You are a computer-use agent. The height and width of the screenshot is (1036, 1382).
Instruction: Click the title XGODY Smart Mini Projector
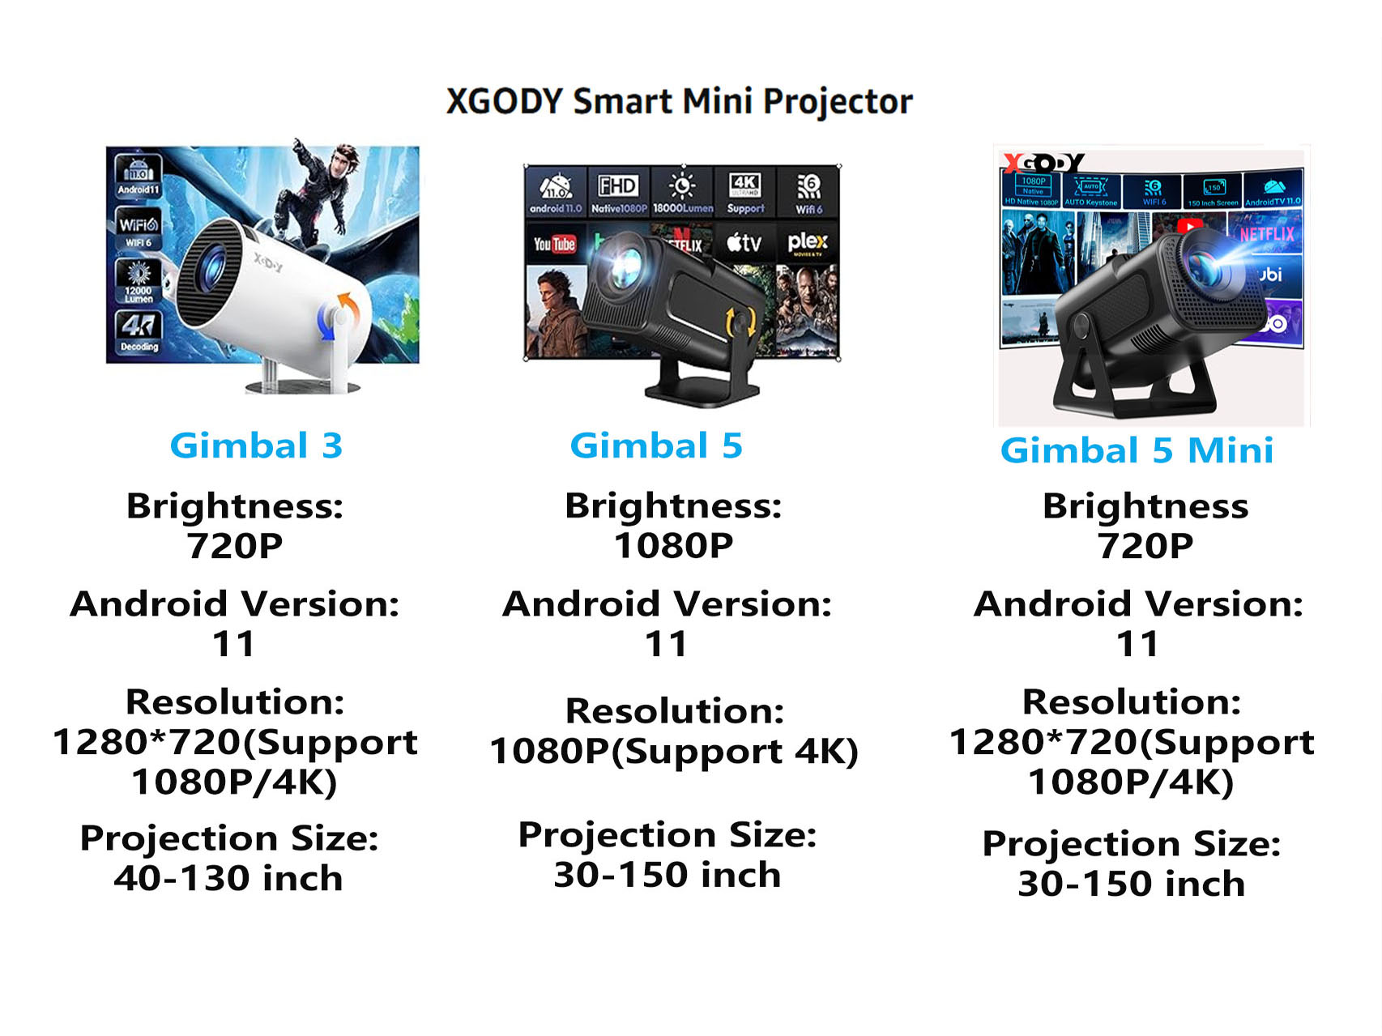pyautogui.click(x=679, y=102)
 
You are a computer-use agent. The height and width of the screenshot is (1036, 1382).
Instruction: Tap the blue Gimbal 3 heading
pyautogui.click(x=256, y=446)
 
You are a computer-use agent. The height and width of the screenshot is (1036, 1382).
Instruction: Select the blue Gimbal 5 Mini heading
pyautogui.click(x=1137, y=451)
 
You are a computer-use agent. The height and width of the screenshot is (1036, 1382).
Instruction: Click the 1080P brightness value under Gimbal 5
pyautogui.click(x=673, y=546)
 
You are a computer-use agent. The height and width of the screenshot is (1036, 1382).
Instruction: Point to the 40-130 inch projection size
pyautogui.click(x=228, y=879)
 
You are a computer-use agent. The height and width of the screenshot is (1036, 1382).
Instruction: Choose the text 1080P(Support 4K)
pyautogui.click(x=673, y=752)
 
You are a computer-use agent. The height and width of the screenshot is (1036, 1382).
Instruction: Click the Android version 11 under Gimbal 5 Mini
pyautogui.click(x=1137, y=645)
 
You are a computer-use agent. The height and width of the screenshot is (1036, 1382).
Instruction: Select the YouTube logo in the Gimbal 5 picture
pyautogui.click(x=554, y=244)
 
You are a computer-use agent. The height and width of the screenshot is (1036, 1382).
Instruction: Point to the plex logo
pyautogui.click(x=808, y=242)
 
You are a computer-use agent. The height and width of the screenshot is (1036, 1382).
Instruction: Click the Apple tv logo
pyautogui.click(x=744, y=242)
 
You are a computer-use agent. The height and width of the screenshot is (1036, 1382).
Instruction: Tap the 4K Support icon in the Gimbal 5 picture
pyautogui.click(x=744, y=192)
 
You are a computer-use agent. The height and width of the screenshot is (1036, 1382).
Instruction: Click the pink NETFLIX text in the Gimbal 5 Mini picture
pyautogui.click(x=1267, y=234)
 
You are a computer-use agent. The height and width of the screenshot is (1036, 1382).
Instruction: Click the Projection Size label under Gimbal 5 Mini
pyautogui.click(x=1131, y=844)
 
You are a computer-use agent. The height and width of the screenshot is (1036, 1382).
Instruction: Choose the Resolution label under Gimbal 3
pyautogui.click(x=235, y=702)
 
